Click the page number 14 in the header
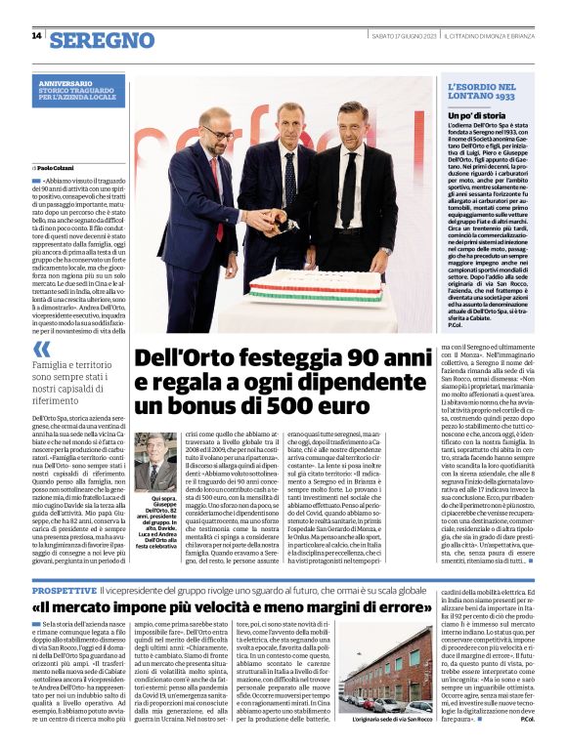36,36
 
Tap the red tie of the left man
219,187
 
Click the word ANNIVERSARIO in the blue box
70,85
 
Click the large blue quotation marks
42,349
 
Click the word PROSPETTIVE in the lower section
64,591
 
